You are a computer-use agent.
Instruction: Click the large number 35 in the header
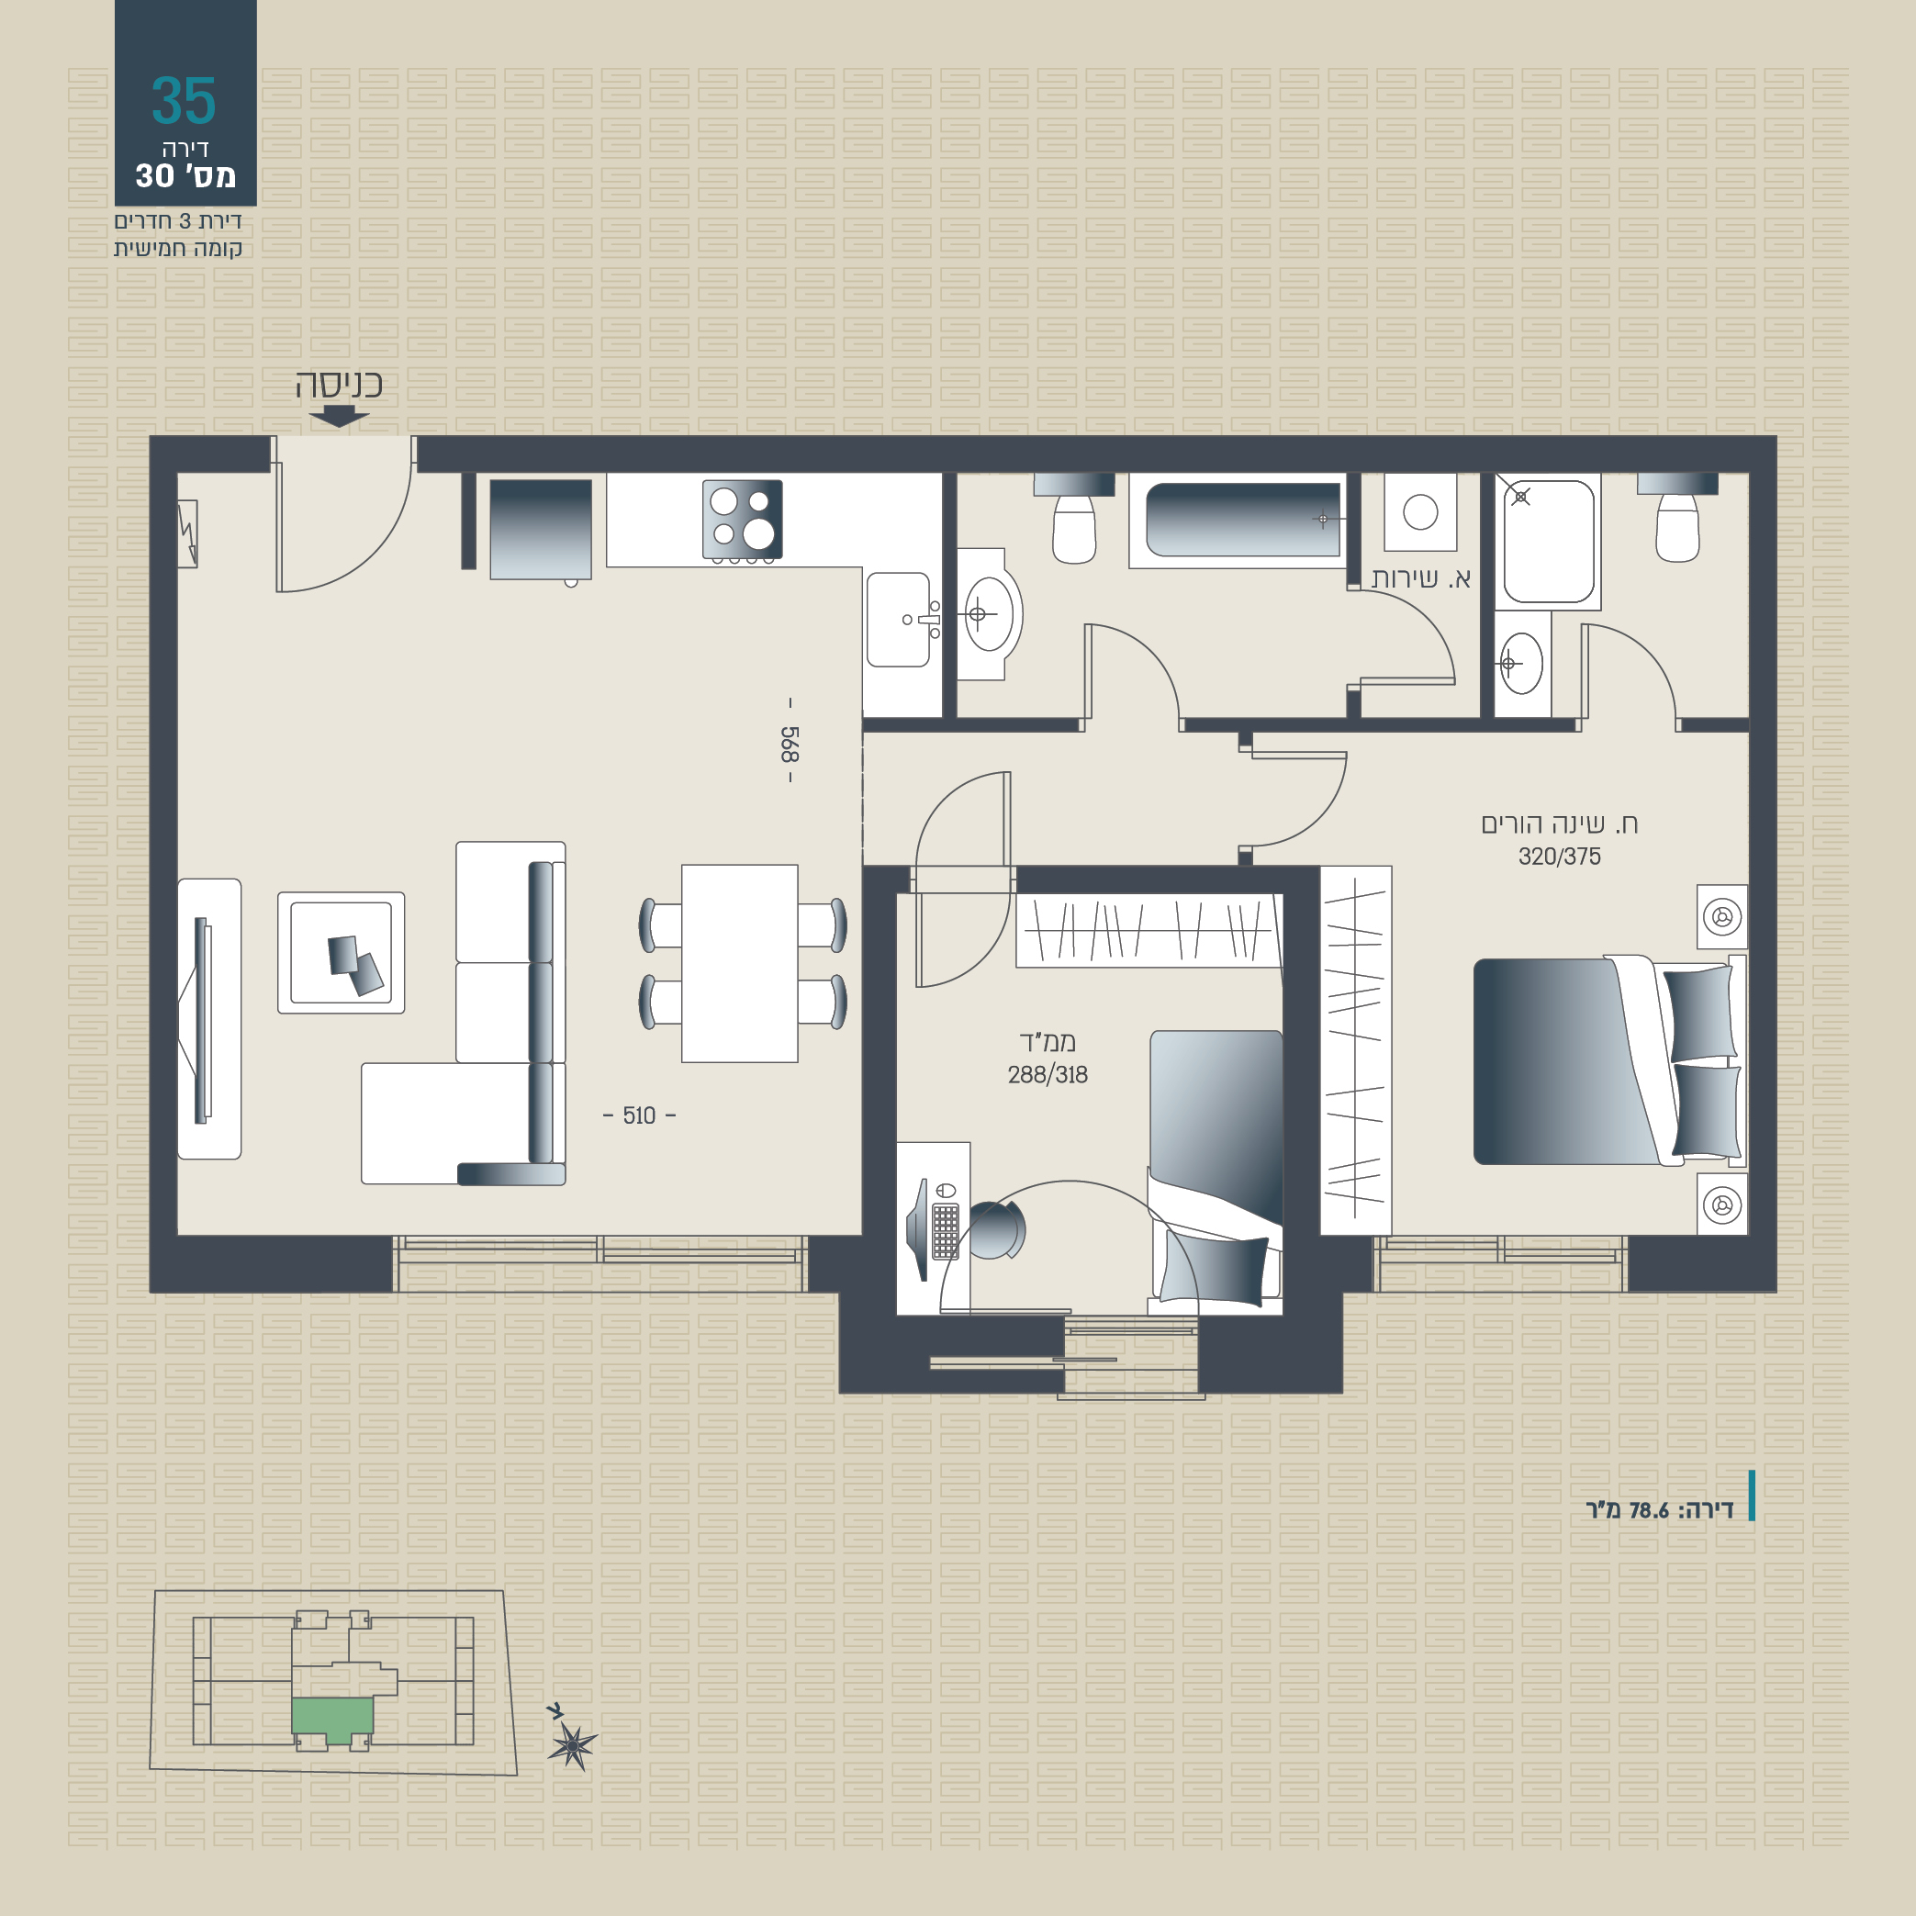coord(184,101)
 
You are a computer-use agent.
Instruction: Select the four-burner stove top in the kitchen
coord(742,519)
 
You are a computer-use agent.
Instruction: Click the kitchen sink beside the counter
coord(899,619)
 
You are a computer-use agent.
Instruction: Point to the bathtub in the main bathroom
coord(1244,520)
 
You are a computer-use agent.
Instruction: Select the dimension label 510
coord(640,1115)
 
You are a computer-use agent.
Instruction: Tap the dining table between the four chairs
coord(740,963)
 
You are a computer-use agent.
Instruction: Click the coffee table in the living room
coord(342,953)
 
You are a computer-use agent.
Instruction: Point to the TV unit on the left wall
coord(209,1018)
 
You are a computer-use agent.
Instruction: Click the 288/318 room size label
coord(1048,1075)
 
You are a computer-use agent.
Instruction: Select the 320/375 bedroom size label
coord(1559,857)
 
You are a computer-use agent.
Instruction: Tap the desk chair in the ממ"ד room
coord(994,1229)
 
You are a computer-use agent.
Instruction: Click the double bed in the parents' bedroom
coord(1607,1060)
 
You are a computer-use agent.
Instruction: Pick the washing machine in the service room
coord(1420,511)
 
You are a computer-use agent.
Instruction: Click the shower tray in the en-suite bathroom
coord(1548,542)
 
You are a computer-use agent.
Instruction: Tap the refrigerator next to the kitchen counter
coord(541,529)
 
